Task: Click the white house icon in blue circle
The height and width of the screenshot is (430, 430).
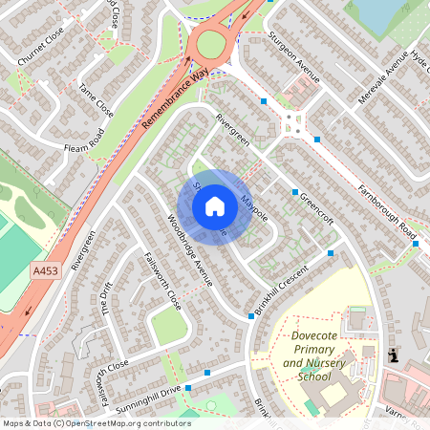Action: tap(215, 206)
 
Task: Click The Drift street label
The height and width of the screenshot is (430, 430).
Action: tap(107, 302)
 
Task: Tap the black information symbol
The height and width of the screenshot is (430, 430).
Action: tap(393, 355)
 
